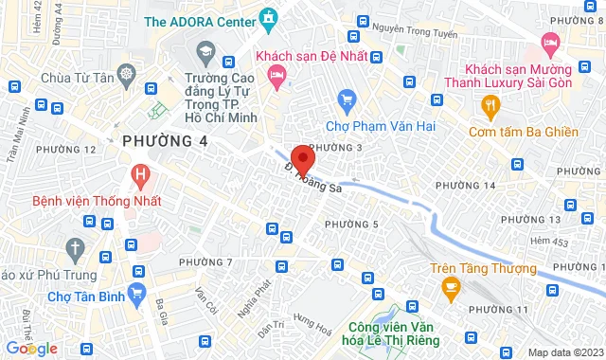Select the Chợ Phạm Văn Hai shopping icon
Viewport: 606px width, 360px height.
point(347,99)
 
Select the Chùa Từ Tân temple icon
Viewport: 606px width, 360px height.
point(125,74)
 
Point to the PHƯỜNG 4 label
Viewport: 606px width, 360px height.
point(165,141)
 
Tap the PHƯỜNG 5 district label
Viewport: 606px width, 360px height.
point(351,224)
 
